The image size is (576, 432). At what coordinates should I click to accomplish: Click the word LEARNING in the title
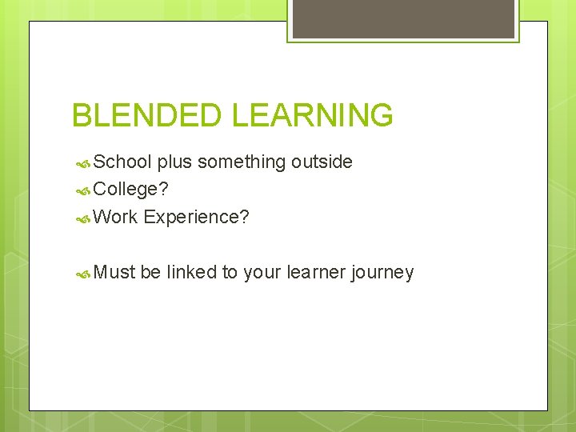click(313, 115)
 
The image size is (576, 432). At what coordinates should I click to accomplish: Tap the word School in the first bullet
click(122, 162)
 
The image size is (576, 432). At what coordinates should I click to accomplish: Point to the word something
click(242, 162)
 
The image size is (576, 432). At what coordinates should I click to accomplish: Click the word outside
click(322, 162)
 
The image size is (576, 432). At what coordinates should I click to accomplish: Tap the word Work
click(116, 217)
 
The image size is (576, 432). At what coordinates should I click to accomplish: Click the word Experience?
click(197, 217)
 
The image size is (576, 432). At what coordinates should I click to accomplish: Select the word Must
click(115, 272)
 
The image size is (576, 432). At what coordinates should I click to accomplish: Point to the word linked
click(192, 272)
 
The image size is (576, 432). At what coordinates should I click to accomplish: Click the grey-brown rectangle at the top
click(403, 18)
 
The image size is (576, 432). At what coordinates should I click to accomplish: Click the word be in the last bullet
click(150, 272)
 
